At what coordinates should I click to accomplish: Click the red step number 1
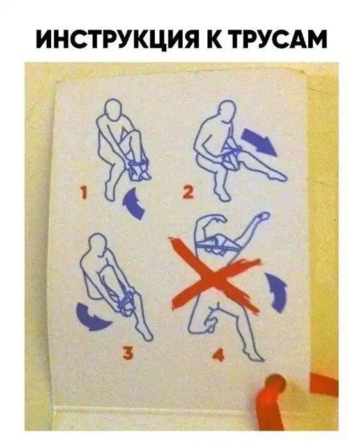click(x=84, y=192)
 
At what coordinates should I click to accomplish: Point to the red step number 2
click(x=189, y=192)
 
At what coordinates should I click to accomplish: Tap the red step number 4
click(x=219, y=355)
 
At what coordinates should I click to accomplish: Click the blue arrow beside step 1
click(x=134, y=202)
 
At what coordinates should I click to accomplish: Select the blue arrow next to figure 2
click(x=259, y=141)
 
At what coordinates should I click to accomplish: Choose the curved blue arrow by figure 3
click(x=91, y=318)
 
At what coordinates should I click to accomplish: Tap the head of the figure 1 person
click(x=113, y=110)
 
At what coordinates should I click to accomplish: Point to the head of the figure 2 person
click(x=228, y=111)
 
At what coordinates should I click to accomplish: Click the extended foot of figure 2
click(x=278, y=177)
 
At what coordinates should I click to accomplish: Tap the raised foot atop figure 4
click(x=263, y=217)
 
